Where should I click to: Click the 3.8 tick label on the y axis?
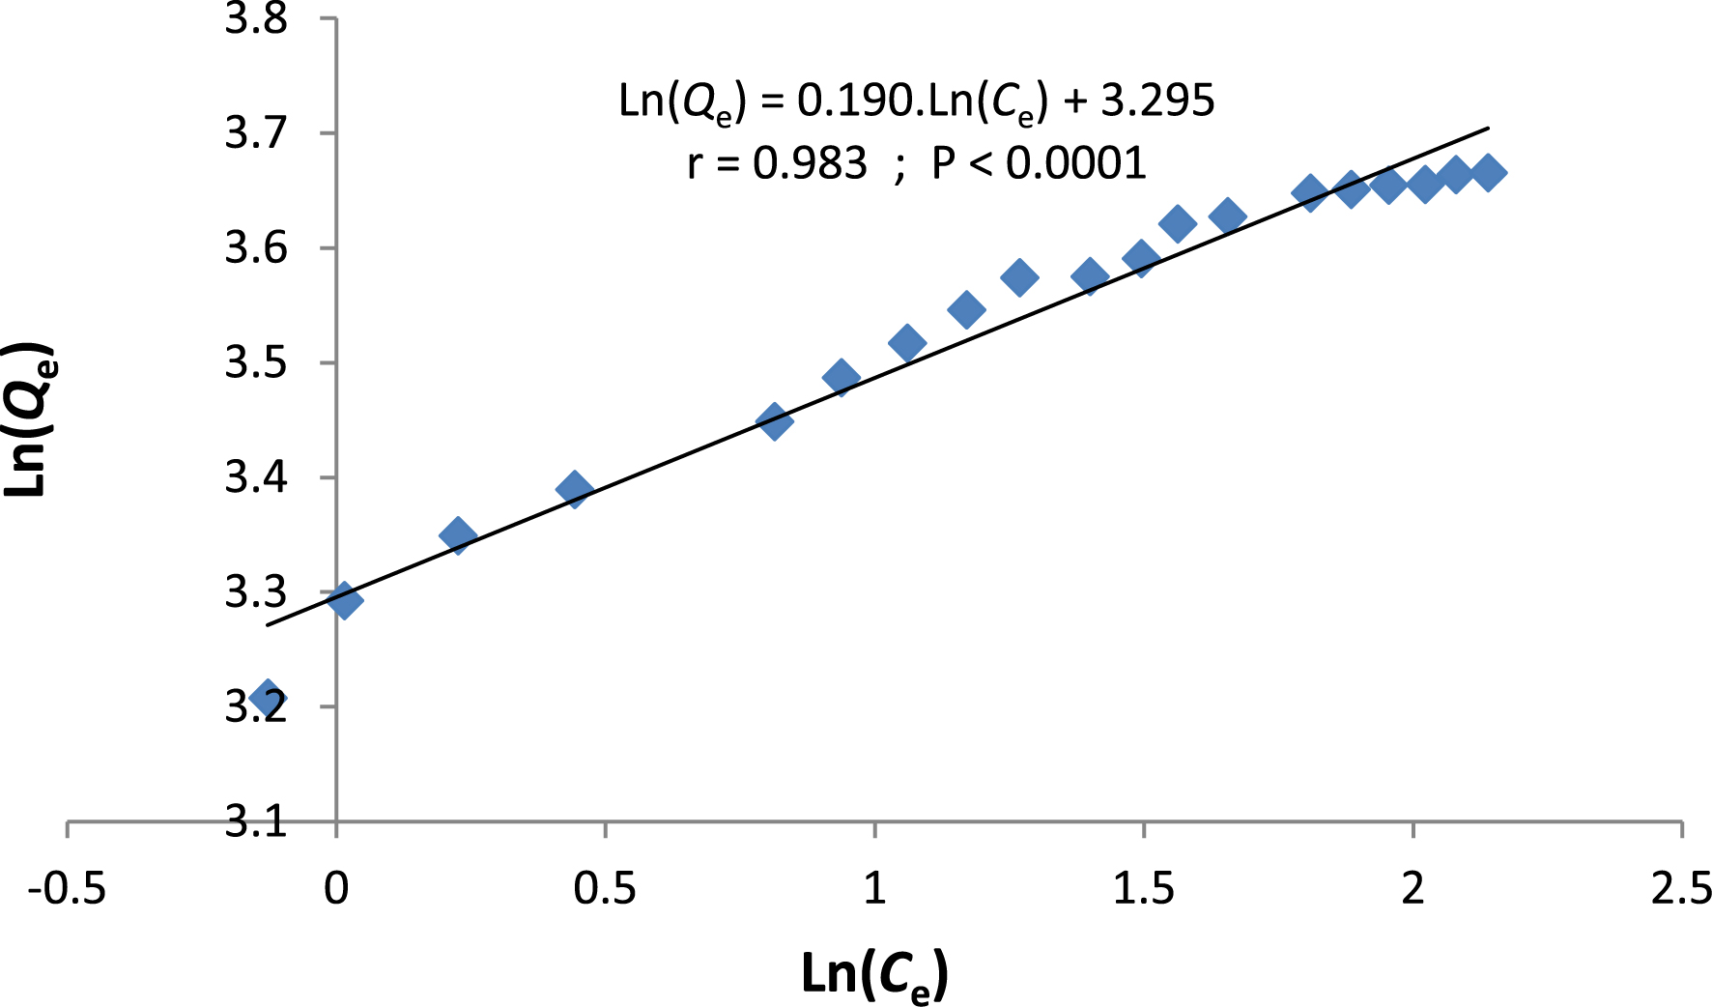(x=256, y=18)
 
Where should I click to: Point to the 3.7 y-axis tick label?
(x=256, y=132)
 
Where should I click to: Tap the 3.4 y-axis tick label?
(x=256, y=477)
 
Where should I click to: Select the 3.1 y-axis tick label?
(x=256, y=821)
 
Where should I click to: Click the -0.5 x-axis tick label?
(x=67, y=888)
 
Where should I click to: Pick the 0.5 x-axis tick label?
(x=605, y=888)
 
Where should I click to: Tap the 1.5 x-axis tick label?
(x=1144, y=888)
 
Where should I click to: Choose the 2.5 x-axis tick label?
(x=1681, y=888)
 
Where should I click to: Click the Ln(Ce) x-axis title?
(x=874, y=974)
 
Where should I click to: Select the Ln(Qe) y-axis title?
(x=29, y=420)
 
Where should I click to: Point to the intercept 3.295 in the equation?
(x=1157, y=101)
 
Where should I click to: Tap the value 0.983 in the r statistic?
(x=810, y=163)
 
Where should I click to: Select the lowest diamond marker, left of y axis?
(x=268, y=697)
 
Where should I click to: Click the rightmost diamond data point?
(x=1488, y=173)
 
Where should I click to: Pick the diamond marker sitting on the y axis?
(x=344, y=601)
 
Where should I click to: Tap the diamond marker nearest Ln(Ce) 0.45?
(x=574, y=489)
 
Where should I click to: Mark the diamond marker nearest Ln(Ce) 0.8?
(x=774, y=421)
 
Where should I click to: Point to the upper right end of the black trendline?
(x=1488, y=128)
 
